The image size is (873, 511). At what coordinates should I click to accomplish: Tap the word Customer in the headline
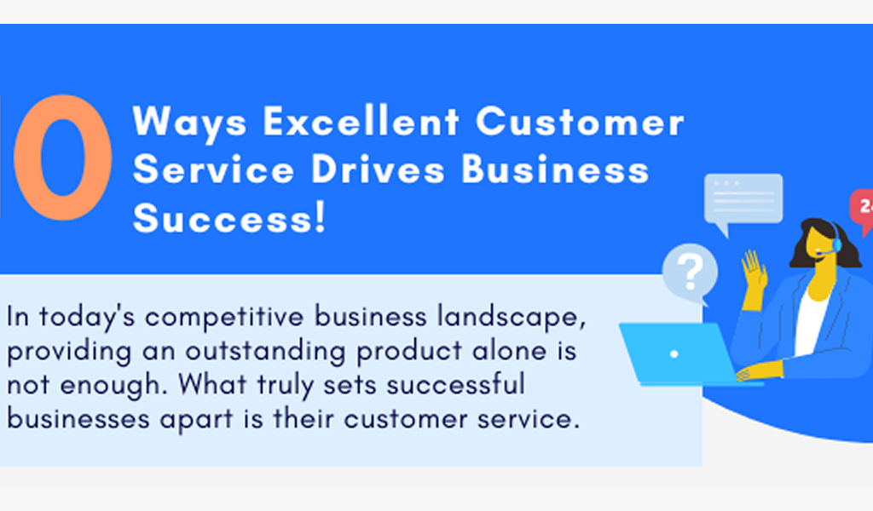tap(580, 122)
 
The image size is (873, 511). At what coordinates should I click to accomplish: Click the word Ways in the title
tap(189, 122)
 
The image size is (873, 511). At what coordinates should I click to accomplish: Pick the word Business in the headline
tap(555, 169)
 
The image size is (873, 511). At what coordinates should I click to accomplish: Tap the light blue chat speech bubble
tap(742, 200)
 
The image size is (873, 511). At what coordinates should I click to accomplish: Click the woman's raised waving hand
tap(754, 271)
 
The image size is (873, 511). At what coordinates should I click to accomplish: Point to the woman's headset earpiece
tap(836, 243)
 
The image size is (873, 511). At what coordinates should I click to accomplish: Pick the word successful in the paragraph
tap(455, 385)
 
